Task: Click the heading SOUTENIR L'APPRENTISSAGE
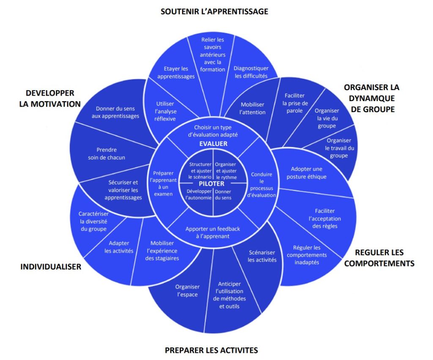point(214,11)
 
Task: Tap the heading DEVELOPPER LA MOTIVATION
point(50,99)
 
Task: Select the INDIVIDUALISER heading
point(51,267)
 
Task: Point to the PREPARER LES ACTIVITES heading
point(211,350)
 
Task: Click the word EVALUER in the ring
point(213,144)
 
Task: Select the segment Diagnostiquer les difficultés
point(251,72)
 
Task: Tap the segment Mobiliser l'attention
point(253,108)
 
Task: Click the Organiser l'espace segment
point(187,291)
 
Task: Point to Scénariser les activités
point(262,256)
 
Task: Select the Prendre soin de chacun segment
point(107,154)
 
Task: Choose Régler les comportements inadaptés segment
point(307,255)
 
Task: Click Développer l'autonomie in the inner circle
point(199,195)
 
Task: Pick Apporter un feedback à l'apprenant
point(213,232)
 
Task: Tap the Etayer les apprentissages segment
point(176,72)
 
